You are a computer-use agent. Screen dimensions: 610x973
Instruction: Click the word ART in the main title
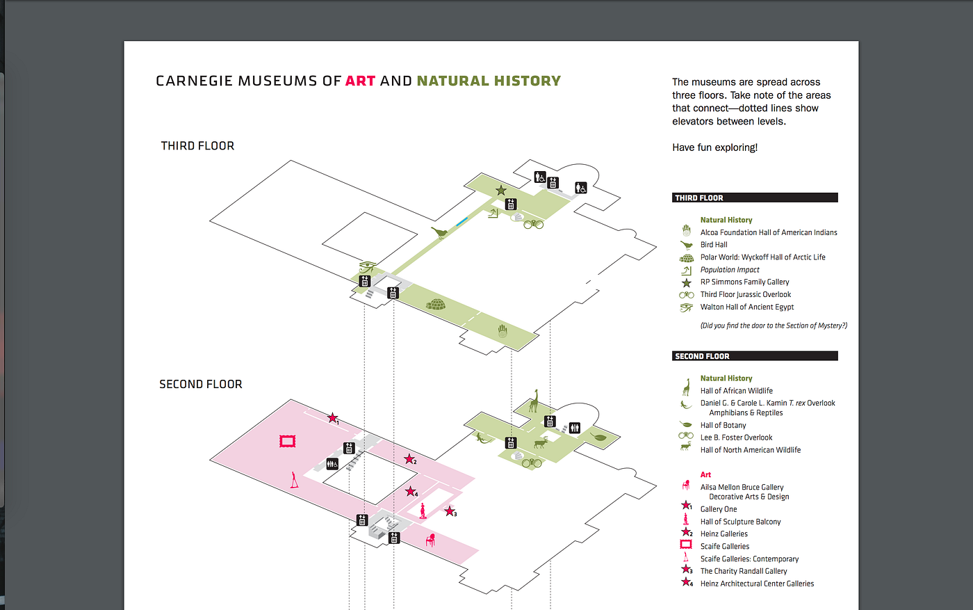pos(360,81)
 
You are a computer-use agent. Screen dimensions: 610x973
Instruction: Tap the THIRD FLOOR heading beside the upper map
pos(197,145)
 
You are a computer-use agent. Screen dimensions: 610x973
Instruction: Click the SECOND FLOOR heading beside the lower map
pos(200,384)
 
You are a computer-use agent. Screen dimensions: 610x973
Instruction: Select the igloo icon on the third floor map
pos(436,304)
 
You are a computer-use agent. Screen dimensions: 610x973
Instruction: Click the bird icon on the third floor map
pos(439,232)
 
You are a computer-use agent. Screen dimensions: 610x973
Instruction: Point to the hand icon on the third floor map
pos(502,330)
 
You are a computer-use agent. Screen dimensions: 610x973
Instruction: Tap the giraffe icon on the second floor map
pos(534,401)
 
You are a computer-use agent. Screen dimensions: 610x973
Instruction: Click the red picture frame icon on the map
pos(287,441)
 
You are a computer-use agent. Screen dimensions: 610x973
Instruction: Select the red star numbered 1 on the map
pos(333,418)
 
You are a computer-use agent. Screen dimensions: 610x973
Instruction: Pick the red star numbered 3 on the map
pos(450,511)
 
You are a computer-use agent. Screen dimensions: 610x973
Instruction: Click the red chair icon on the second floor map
pos(431,538)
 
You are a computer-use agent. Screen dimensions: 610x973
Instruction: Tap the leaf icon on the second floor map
pos(598,437)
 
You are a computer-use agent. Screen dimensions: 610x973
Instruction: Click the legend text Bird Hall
pos(714,245)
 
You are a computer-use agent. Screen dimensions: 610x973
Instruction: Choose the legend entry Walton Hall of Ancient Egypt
pos(746,307)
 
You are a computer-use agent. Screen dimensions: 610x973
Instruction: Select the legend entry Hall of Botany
pos(723,425)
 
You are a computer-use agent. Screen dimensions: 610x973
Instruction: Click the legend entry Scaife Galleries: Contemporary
pos(749,559)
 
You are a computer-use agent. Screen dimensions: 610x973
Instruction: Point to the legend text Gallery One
pos(719,509)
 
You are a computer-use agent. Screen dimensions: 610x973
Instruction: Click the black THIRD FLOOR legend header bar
pos(755,198)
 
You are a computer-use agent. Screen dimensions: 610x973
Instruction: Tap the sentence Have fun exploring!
pos(714,147)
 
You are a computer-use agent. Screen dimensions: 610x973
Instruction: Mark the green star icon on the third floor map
pos(500,191)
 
